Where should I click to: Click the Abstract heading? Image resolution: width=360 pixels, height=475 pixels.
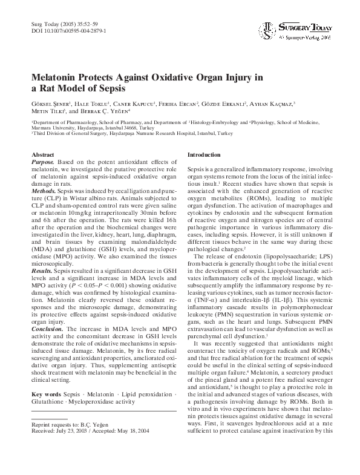(43, 156)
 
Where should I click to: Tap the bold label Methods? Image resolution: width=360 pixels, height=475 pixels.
(44, 190)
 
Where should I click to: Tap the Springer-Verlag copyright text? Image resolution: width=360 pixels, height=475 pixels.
(305, 37)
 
